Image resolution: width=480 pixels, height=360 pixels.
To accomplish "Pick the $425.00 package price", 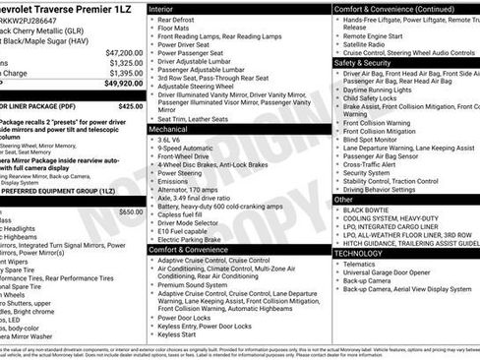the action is coord(130,105).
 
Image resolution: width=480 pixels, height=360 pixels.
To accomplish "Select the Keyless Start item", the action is coord(176,334).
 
